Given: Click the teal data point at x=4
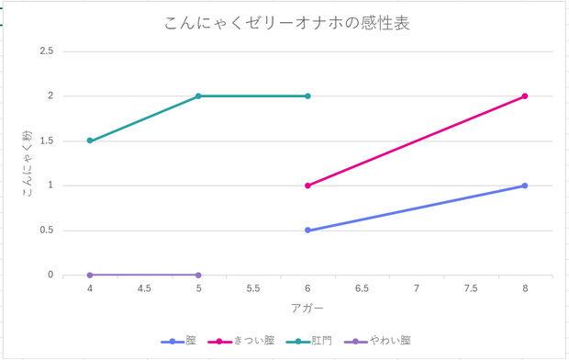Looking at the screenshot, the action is (x=90, y=141).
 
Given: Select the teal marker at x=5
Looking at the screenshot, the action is (x=198, y=96).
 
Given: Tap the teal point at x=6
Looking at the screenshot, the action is (x=307, y=96).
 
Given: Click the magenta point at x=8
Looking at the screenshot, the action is (x=525, y=96).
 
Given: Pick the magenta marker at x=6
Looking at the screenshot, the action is (x=307, y=186).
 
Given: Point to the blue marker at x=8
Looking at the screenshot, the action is (x=525, y=186).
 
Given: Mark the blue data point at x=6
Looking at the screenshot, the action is (x=307, y=230).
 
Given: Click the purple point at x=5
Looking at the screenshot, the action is (x=198, y=275).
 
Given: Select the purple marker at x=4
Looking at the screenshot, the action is (x=90, y=275).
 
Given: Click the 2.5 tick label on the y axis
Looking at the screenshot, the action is (x=47, y=51).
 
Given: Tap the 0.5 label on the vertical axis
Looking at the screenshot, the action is (x=47, y=230).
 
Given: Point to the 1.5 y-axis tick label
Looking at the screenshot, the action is (x=47, y=141).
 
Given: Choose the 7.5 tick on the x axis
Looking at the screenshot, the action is (x=470, y=288).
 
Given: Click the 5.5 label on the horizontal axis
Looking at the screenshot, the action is (x=253, y=288).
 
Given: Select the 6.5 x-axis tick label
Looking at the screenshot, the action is (x=362, y=288).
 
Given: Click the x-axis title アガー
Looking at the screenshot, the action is (x=307, y=309).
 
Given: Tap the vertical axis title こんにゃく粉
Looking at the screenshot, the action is (x=28, y=163).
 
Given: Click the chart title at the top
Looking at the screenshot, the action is (x=287, y=23).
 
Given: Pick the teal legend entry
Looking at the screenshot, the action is (x=308, y=341).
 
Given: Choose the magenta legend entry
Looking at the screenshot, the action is (x=241, y=341).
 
